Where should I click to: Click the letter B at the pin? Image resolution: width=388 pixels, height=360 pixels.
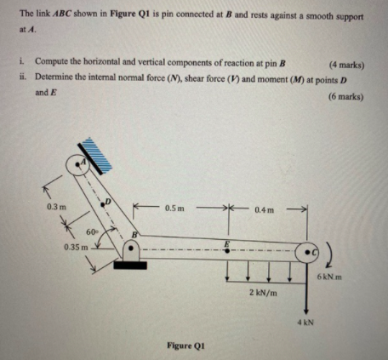[x=134, y=231]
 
